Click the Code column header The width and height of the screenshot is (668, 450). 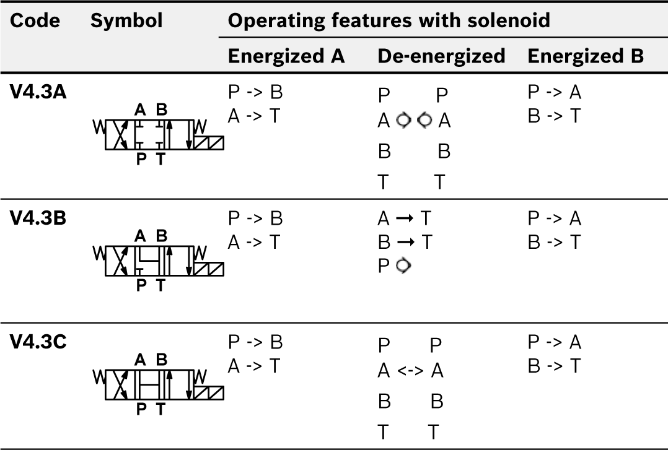(x=35, y=21)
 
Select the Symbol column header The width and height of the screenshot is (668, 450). (x=126, y=21)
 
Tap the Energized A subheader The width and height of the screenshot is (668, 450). (x=286, y=56)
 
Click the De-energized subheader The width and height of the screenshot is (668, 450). (x=441, y=56)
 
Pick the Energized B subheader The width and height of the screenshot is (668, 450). (x=586, y=56)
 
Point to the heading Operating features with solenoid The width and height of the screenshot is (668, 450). (x=389, y=21)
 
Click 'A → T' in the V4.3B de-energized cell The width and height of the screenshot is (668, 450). (x=404, y=219)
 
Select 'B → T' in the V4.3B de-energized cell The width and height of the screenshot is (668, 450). (x=404, y=242)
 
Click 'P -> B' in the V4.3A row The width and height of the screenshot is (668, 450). (x=255, y=93)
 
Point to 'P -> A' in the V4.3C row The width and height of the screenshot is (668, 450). (x=555, y=342)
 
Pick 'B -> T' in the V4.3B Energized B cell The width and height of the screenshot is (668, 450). (x=555, y=242)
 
